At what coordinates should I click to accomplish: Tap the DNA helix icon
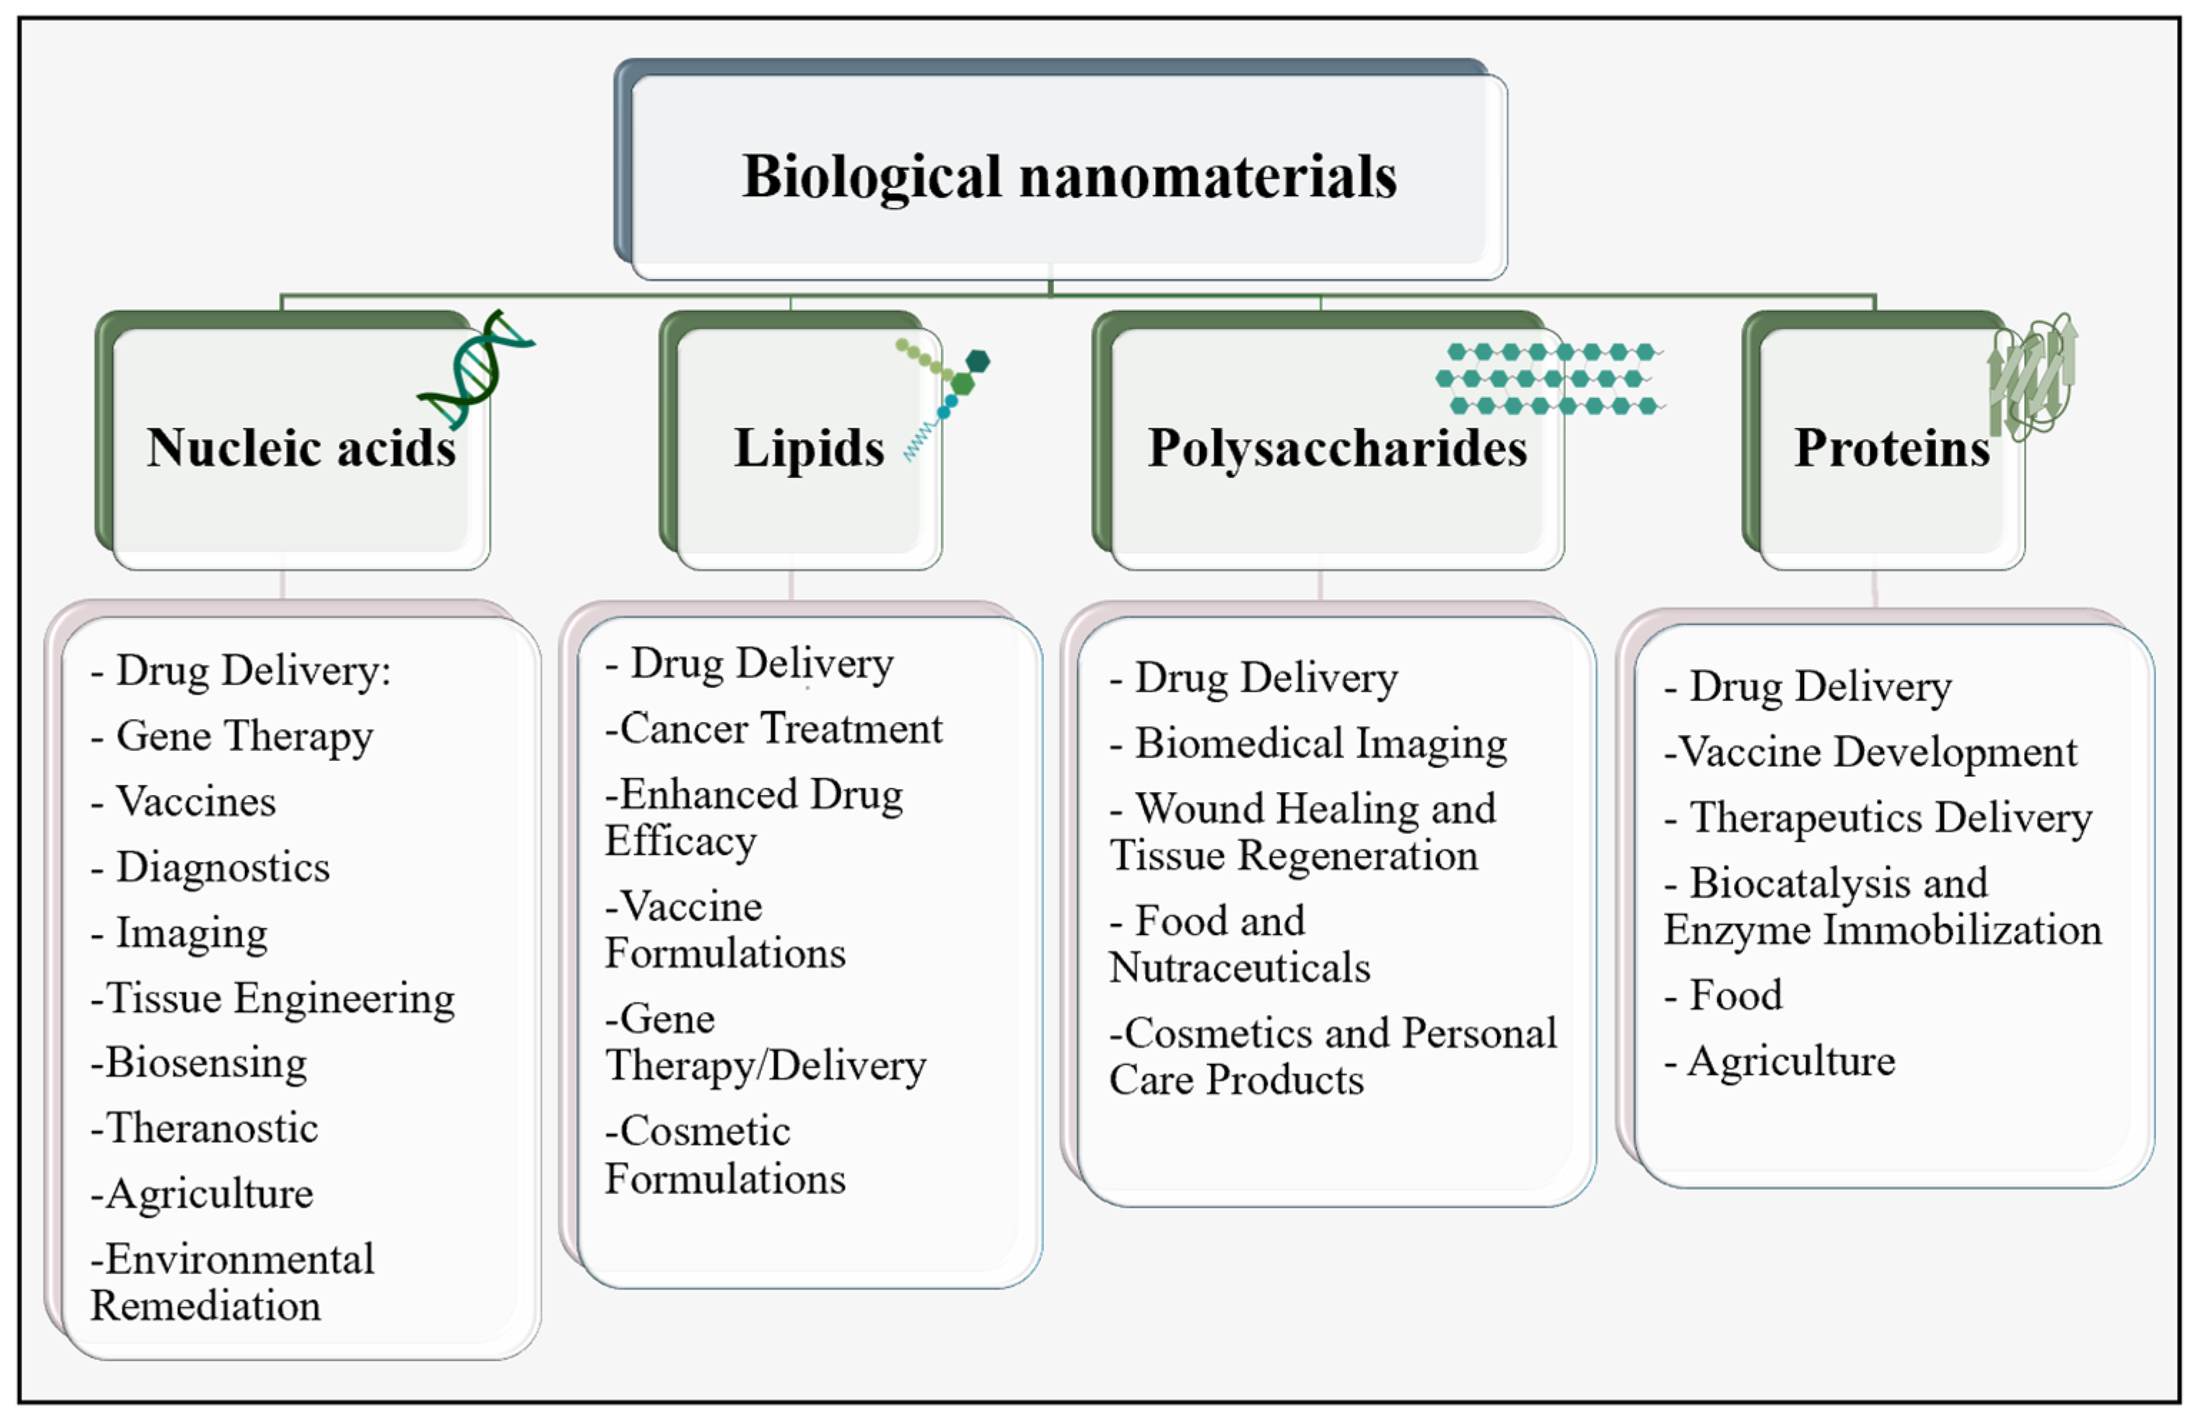pyautogui.click(x=476, y=369)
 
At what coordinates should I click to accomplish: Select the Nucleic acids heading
pyautogui.click(x=301, y=448)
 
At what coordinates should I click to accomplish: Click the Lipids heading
pyautogui.click(x=809, y=448)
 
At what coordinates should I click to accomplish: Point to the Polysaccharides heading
pyautogui.click(x=1336, y=448)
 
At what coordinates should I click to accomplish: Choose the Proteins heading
pyautogui.click(x=1892, y=448)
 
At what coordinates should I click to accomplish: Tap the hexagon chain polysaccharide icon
pyautogui.click(x=1550, y=379)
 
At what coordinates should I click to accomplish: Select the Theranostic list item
pyautogui.click(x=212, y=1128)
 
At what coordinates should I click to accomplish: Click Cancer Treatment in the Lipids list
pyautogui.click(x=780, y=728)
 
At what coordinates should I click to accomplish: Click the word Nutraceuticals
pyautogui.click(x=1240, y=968)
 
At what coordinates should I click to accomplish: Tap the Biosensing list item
pyautogui.click(x=206, y=1063)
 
